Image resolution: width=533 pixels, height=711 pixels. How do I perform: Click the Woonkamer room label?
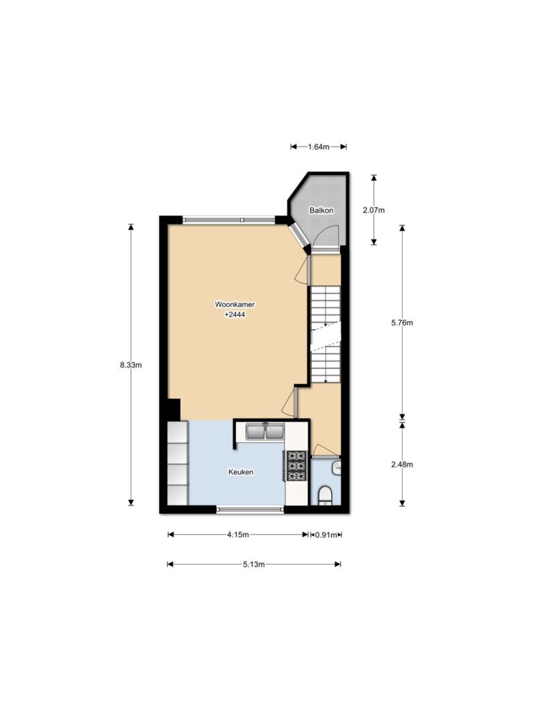tap(235, 305)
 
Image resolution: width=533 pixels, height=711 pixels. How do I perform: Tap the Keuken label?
tap(241, 472)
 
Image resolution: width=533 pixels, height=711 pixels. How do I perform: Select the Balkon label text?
tap(321, 210)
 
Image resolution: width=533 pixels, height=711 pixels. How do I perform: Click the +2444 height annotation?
tap(235, 315)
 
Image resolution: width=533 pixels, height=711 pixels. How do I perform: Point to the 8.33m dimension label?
tap(131, 365)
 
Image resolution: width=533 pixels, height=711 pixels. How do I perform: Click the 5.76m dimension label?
tap(402, 323)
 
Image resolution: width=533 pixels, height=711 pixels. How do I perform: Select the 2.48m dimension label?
tap(402, 465)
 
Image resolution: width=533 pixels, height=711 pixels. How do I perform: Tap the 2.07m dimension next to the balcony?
tap(374, 210)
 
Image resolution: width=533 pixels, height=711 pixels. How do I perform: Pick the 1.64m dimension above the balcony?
tap(319, 147)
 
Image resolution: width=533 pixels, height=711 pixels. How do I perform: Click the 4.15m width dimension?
tap(238, 535)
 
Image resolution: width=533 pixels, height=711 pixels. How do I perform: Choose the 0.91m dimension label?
tap(326, 535)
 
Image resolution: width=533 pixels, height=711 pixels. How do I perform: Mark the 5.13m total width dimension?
tap(254, 564)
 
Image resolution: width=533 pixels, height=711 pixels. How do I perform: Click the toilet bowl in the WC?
tap(325, 495)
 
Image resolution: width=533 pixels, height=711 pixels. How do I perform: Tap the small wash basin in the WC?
tap(337, 467)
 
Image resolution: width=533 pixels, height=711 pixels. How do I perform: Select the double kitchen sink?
tap(265, 431)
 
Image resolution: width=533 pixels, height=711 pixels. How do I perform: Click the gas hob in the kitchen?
tap(297, 466)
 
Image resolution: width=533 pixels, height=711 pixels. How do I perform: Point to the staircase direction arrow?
tap(326, 324)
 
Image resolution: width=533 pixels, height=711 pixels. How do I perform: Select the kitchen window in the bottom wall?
tap(250, 509)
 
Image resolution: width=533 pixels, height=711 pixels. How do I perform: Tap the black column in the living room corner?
tap(173, 410)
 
